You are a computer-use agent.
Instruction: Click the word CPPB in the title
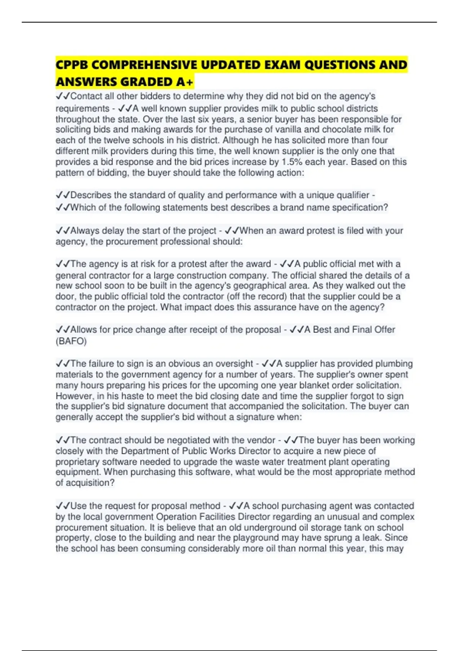[x=72, y=65]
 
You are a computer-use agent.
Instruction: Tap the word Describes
[x=91, y=195]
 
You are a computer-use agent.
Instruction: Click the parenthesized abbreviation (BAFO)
[x=71, y=341]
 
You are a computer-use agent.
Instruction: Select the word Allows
[x=84, y=330]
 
